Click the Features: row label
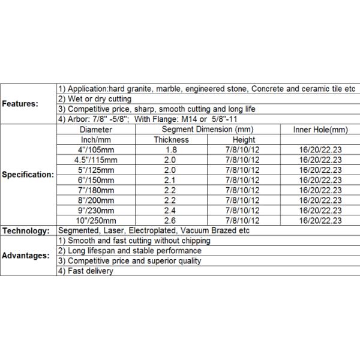[x=20, y=103]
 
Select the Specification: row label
[x=28, y=175]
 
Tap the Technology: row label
[x=25, y=231]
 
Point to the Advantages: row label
[x=26, y=256]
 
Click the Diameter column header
[x=95, y=130]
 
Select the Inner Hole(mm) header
[x=320, y=130]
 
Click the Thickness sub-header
[x=171, y=140]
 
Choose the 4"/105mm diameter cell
[x=95, y=149]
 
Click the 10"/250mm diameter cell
[x=95, y=221]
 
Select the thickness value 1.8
[x=171, y=149]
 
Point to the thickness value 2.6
[x=171, y=221]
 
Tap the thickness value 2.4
[x=171, y=211]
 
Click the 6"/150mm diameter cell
[x=95, y=180]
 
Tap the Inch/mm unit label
[x=95, y=140]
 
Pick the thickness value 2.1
[x=171, y=180]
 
